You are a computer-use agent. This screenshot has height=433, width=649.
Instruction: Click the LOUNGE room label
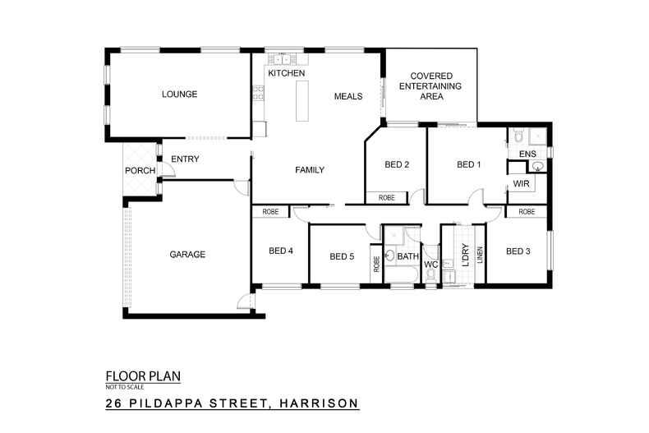click(x=179, y=94)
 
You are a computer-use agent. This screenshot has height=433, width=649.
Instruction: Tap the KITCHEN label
click(x=286, y=74)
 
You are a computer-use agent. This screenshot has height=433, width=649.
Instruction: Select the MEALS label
click(x=348, y=96)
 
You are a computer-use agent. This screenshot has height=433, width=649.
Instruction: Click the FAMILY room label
click(x=310, y=170)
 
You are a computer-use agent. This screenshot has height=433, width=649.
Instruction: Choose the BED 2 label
click(x=397, y=164)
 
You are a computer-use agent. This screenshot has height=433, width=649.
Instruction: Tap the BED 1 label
click(x=468, y=164)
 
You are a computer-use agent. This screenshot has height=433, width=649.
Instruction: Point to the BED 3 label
click(x=518, y=251)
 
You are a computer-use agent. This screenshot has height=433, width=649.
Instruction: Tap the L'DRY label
click(x=464, y=256)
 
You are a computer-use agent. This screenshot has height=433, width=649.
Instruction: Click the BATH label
click(x=408, y=257)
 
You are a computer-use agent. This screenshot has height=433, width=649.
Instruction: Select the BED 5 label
click(x=342, y=256)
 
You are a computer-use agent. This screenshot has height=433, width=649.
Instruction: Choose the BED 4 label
click(x=280, y=251)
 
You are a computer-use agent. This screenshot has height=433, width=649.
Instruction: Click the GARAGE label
click(x=187, y=255)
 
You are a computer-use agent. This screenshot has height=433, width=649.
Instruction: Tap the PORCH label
click(x=140, y=171)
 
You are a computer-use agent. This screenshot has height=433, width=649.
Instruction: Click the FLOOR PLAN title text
click(x=143, y=377)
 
